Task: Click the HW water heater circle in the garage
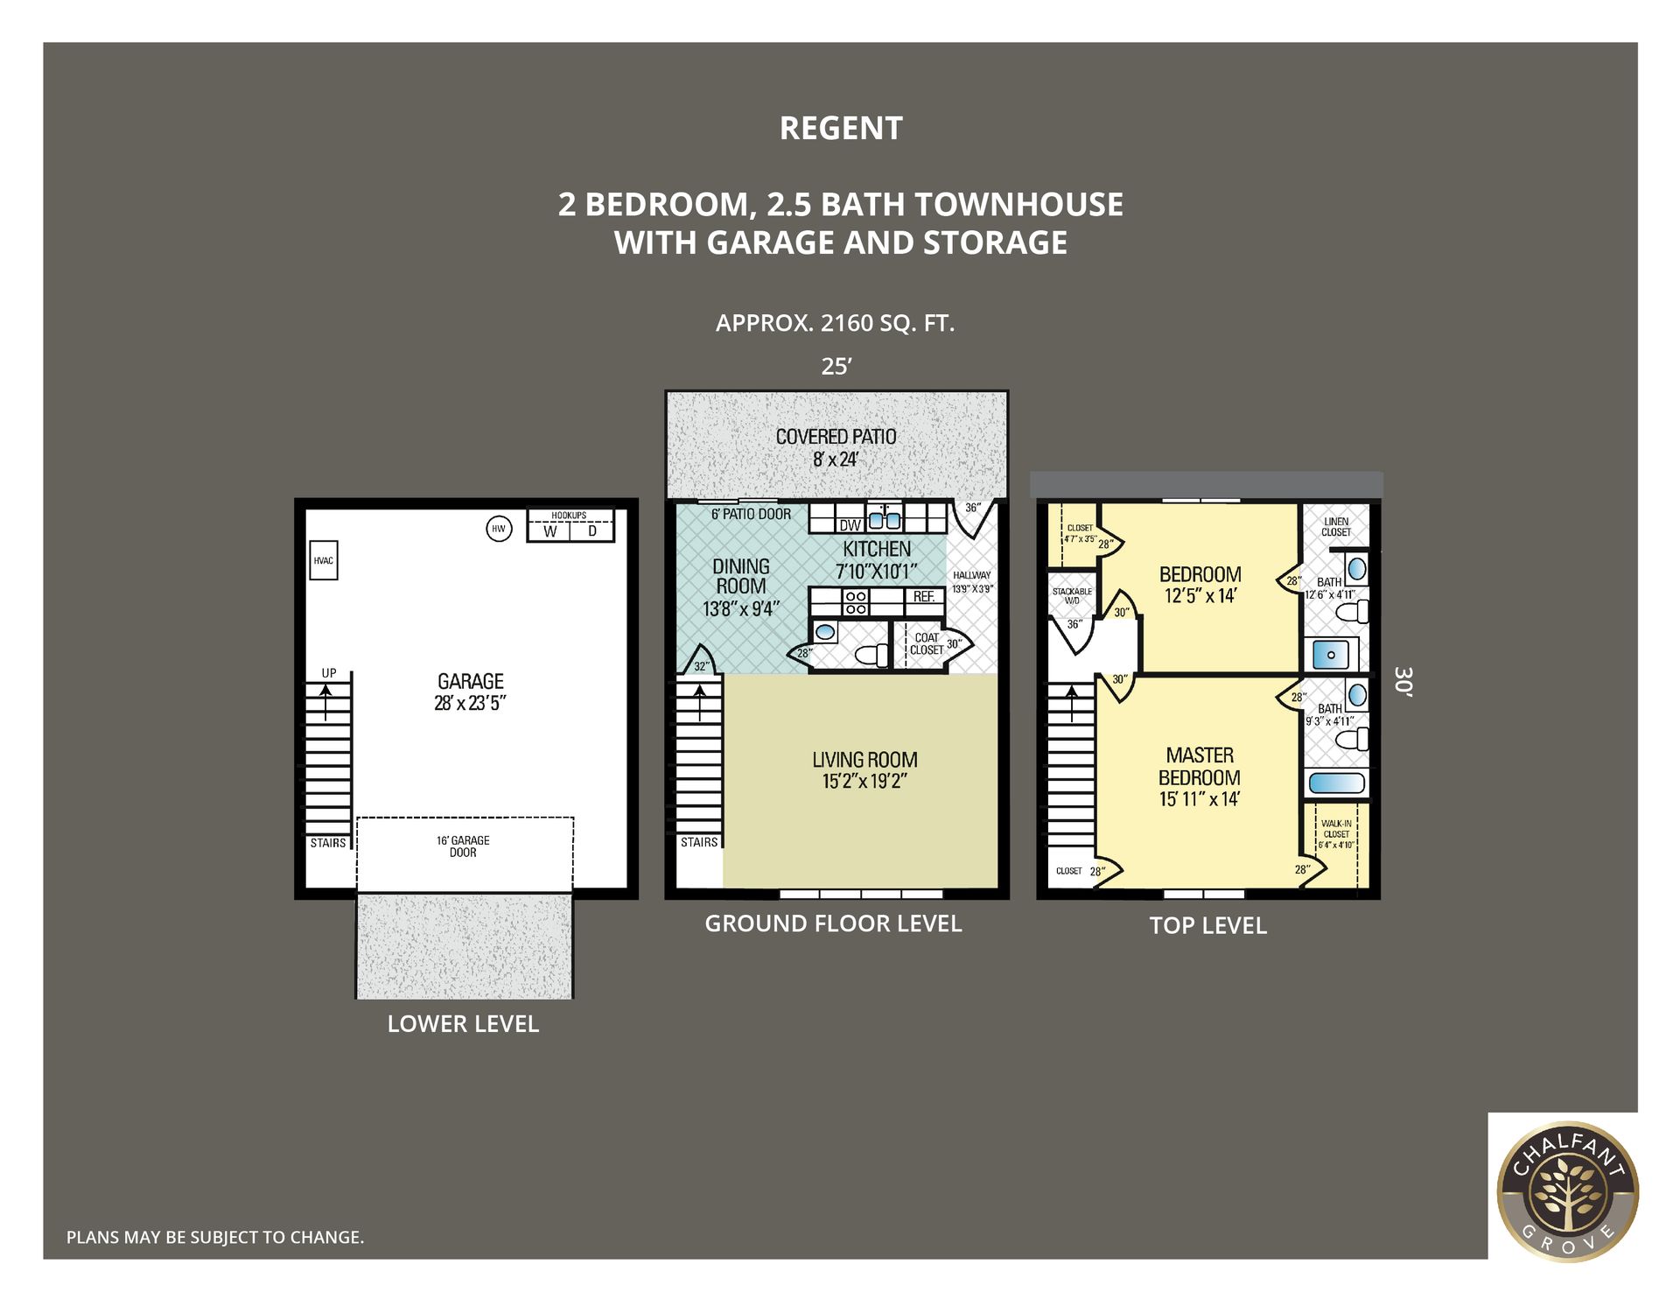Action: [499, 529]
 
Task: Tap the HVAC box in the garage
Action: [324, 560]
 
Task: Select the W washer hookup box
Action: [549, 531]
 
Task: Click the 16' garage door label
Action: [463, 846]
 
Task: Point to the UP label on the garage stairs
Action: [329, 673]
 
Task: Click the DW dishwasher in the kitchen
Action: [850, 525]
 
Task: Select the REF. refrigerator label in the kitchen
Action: [924, 597]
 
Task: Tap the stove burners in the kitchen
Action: [856, 602]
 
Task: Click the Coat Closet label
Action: [926, 644]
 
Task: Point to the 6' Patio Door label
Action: [751, 515]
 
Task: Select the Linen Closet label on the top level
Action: [1336, 527]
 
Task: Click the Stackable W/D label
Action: [1072, 596]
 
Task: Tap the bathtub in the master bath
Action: [1336, 783]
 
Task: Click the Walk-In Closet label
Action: [1336, 834]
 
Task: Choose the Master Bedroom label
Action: [1200, 766]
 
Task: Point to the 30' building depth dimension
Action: [1403, 681]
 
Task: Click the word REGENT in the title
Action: [841, 129]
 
